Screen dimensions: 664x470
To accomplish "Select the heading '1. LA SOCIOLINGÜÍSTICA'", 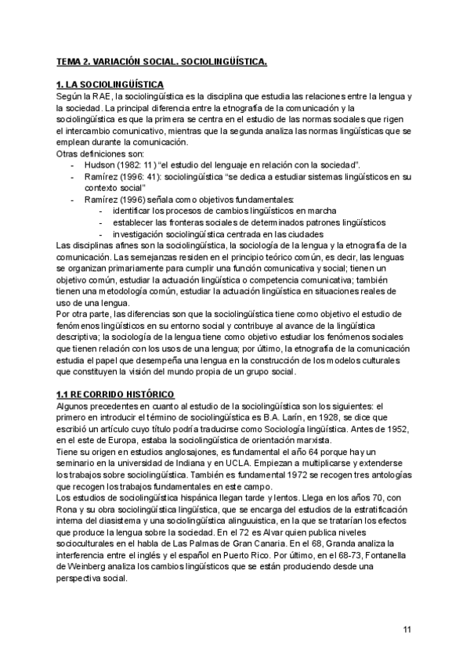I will [x=110, y=84].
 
